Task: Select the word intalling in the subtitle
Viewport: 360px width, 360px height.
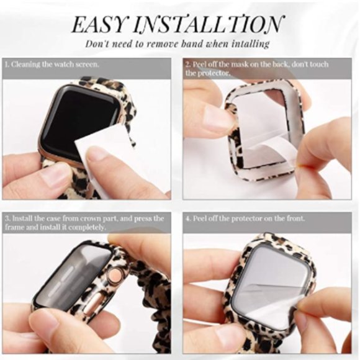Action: tap(248, 43)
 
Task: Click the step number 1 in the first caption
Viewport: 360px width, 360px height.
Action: tap(6, 64)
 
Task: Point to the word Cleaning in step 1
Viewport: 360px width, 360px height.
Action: tap(25, 64)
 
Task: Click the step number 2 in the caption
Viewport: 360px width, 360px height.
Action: tap(187, 64)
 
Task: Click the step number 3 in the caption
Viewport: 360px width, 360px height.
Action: tap(6, 218)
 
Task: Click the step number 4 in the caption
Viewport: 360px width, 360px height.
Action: tap(187, 218)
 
